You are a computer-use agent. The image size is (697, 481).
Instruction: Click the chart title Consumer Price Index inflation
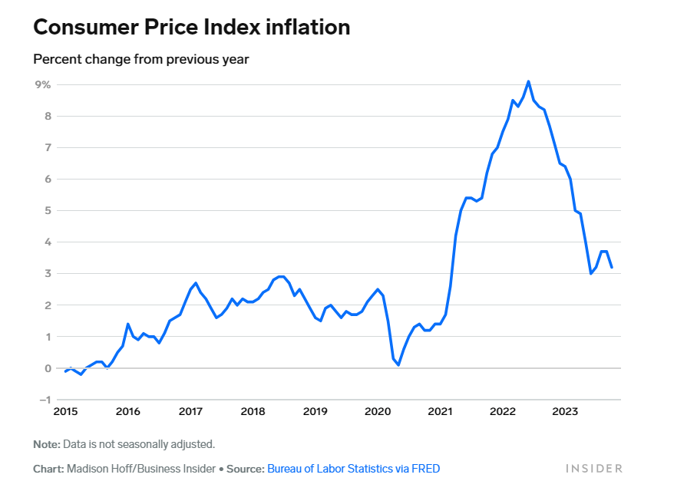click(x=192, y=28)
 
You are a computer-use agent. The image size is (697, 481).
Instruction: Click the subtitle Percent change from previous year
click(x=141, y=59)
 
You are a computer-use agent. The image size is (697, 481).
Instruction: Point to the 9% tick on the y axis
click(x=41, y=85)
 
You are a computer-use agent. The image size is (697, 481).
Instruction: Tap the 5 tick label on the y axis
click(x=47, y=211)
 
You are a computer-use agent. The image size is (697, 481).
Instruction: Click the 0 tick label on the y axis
click(x=47, y=368)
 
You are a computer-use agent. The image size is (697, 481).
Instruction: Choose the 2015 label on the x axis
click(x=65, y=412)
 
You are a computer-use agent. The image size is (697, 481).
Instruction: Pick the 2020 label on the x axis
click(x=378, y=412)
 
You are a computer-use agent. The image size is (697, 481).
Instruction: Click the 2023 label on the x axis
click(x=565, y=412)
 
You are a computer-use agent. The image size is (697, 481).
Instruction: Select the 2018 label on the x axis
click(x=253, y=412)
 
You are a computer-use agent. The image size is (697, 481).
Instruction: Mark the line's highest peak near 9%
click(x=528, y=81)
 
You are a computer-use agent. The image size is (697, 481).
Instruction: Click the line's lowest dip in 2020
click(x=398, y=365)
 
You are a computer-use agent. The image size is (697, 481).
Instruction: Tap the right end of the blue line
click(x=612, y=267)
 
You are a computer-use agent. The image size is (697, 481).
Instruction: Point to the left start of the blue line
click(x=65, y=371)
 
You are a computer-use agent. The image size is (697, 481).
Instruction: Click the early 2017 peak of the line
click(x=196, y=283)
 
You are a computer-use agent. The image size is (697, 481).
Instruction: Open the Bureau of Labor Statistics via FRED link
click(x=353, y=468)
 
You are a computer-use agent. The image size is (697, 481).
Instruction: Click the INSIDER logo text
click(x=593, y=468)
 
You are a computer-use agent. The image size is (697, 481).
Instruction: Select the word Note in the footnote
click(x=46, y=444)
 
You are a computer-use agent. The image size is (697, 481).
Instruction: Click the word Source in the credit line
click(x=245, y=468)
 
